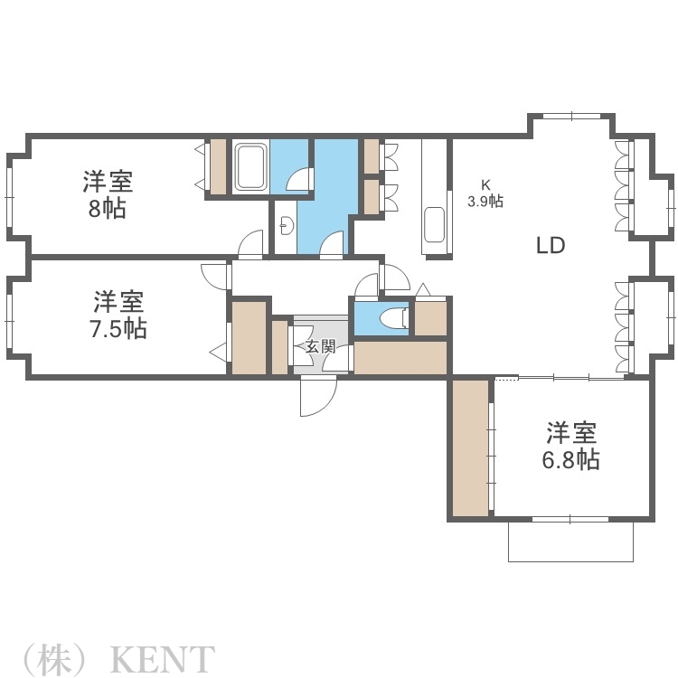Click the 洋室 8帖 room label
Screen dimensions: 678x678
[x=108, y=195]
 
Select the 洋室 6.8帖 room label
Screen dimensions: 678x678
[x=570, y=446]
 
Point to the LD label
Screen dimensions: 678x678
[x=551, y=245]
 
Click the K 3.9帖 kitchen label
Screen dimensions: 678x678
[x=485, y=194]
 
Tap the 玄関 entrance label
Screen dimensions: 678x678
[x=320, y=347]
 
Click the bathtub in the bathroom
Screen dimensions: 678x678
[x=250, y=166]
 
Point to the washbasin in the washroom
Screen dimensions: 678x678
[x=285, y=223]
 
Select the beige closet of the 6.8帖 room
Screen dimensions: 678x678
[x=469, y=448]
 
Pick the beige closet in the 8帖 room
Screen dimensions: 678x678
[x=217, y=166]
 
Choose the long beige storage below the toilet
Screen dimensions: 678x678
[x=400, y=358]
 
